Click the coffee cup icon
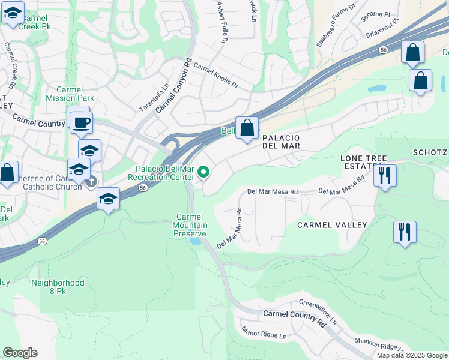[80, 122]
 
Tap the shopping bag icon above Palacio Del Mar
[247, 128]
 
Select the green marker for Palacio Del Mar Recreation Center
[203, 173]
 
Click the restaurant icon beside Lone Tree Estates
[384, 175]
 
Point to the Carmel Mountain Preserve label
[191, 225]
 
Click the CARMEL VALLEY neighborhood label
[332, 224]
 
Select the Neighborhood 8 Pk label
[58, 286]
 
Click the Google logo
[20, 353]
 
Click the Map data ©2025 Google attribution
[412, 355]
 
